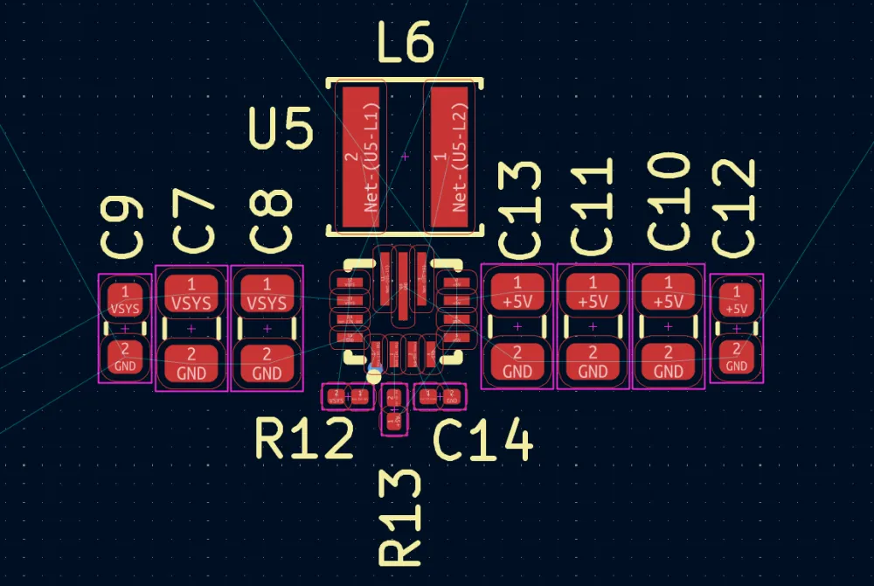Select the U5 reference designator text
pyautogui.click(x=281, y=129)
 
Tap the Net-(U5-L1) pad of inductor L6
pyautogui.click(x=363, y=157)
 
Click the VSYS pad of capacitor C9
pyautogui.click(x=125, y=299)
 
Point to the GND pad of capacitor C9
pyautogui.click(x=125, y=358)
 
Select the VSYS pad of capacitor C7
pyautogui.click(x=191, y=294)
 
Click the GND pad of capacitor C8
pyautogui.click(x=267, y=363)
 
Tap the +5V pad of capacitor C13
pyautogui.click(x=517, y=292)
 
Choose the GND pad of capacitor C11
pyautogui.click(x=593, y=363)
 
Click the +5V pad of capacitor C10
pyautogui.click(x=669, y=292)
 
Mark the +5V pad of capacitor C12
pyautogui.click(x=737, y=300)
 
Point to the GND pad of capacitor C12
pyautogui.click(x=737, y=358)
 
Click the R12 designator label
pyautogui.click(x=304, y=439)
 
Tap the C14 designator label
pyautogui.click(x=483, y=441)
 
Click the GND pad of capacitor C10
pyautogui.click(x=669, y=363)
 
